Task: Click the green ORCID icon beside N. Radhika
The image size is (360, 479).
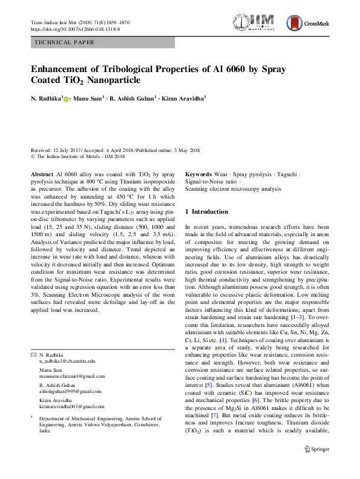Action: [67, 98]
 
